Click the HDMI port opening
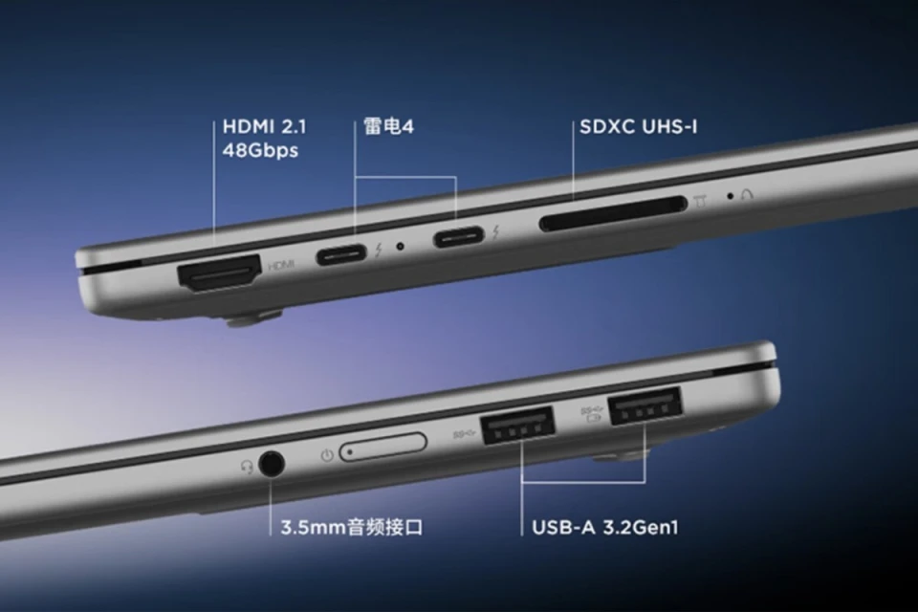coord(219,273)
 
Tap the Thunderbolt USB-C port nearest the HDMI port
coord(341,254)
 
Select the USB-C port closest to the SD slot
coord(458,236)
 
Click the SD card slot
coord(612,213)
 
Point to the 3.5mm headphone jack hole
coord(271,465)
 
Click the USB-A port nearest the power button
coord(517,426)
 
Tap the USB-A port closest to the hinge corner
coord(645,405)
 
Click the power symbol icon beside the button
coord(327,455)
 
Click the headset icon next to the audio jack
coord(247,467)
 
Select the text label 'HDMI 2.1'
coord(264,126)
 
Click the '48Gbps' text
coord(260,150)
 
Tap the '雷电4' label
coord(388,126)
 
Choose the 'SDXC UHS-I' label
coord(638,126)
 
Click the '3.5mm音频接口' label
coord(352,527)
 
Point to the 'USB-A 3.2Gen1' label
coord(604,527)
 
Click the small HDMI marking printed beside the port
coord(281,265)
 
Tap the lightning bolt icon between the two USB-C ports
coord(379,251)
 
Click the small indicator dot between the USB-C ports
coord(401,247)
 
